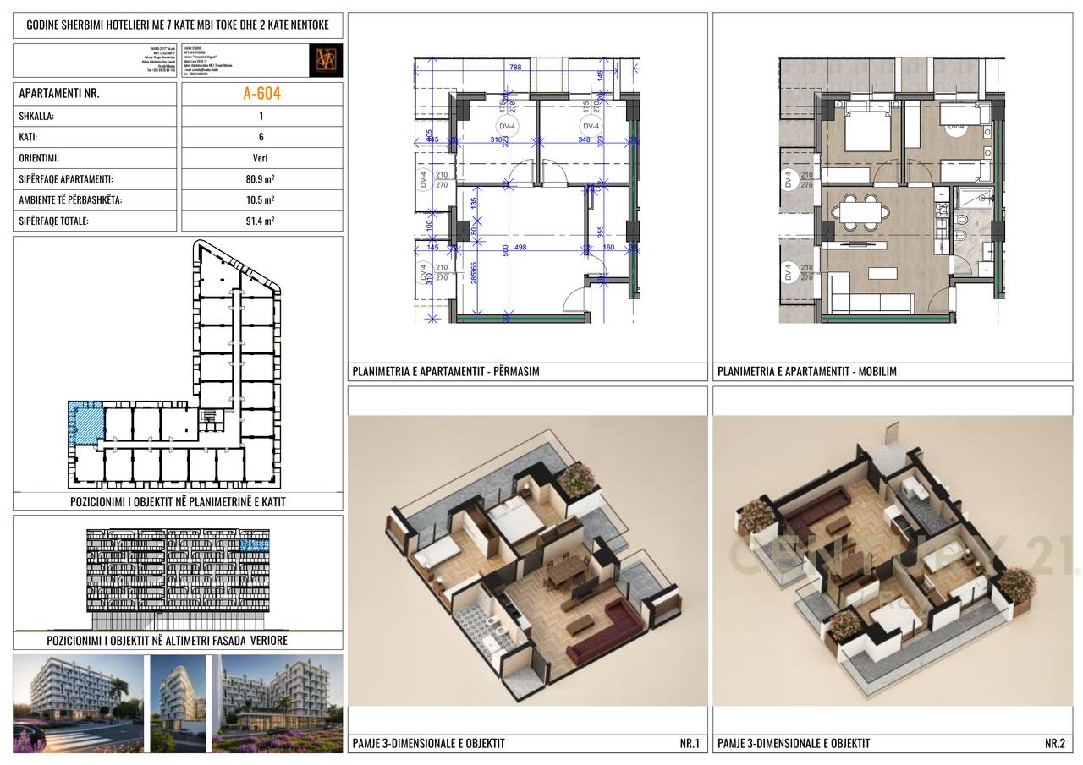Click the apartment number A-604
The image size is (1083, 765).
click(261, 94)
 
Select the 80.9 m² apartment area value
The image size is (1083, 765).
click(261, 179)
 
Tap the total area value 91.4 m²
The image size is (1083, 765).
click(261, 221)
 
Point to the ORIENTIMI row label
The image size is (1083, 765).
click(39, 158)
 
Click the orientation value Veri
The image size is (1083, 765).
click(261, 158)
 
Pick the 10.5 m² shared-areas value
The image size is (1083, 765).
click(261, 200)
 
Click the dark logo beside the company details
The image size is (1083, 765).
click(326, 60)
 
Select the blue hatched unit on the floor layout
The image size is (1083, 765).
click(85, 422)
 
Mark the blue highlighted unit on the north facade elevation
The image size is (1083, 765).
click(254, 545)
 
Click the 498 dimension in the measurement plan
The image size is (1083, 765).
click(520, 248)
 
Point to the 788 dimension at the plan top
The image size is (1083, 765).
click(514, 68)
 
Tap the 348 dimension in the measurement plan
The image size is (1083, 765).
click(584, 139)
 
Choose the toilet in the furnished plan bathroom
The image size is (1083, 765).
click(963, 223)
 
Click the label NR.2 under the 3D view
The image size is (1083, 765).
click(1053, 744)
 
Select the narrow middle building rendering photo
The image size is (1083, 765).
click(178, 703)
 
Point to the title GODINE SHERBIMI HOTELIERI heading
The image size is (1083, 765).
click(178, 25)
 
